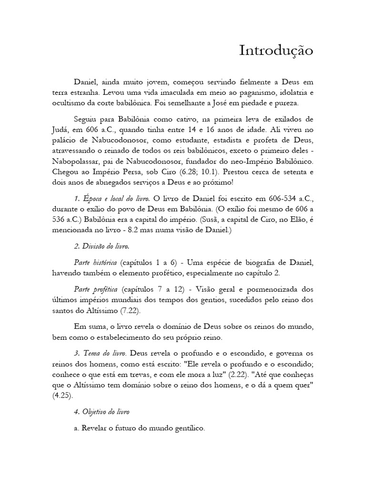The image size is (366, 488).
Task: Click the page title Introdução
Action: point(276,51)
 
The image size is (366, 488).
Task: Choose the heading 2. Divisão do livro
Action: point(102,247)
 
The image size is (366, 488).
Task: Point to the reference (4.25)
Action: point(63,396)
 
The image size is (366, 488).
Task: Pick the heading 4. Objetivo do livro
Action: point(102,411)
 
